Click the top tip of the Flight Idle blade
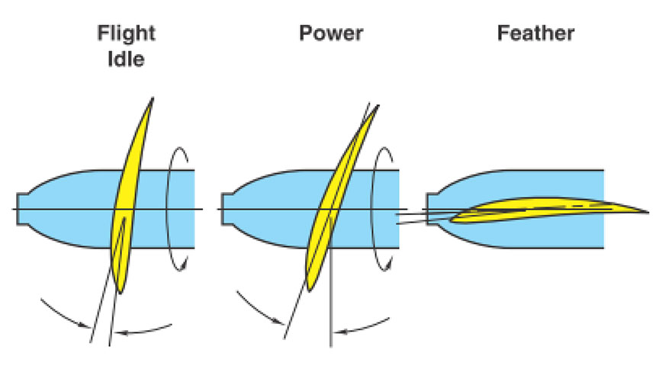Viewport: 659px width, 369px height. (153, 98)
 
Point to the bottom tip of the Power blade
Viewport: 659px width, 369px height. (311, 288)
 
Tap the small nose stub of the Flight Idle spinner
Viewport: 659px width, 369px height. (20, 209)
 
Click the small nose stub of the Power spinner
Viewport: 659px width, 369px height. (223, 209)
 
